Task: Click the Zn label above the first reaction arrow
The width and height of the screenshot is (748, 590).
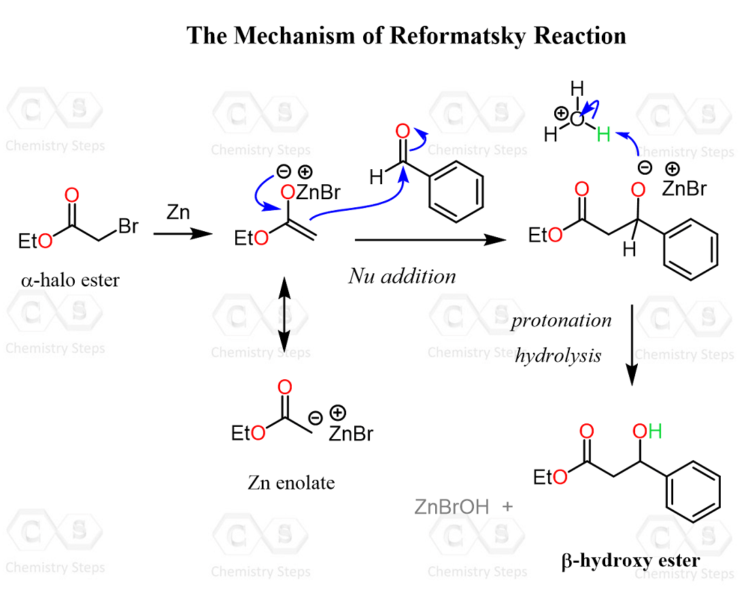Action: coord(178,213)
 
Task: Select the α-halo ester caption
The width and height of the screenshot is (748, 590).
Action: coord(70,279)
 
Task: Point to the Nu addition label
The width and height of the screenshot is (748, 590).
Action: coord(402,275)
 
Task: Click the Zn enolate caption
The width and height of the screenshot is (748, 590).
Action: coord(291,483)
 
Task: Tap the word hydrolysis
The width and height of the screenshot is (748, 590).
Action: coord(558,355)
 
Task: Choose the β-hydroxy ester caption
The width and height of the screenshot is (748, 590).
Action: coord(630,561)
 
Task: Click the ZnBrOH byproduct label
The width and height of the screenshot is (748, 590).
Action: coord(452,506)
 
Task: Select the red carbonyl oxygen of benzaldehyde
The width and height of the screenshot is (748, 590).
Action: coord(402,131)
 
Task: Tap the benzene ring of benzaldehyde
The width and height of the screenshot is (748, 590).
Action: coord(456,191)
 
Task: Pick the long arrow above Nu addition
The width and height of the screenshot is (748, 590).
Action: coord(430,239)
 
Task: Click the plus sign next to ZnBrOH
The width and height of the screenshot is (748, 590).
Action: coord(507,506)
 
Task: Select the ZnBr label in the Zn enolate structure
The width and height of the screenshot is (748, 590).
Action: coord(350,433)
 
